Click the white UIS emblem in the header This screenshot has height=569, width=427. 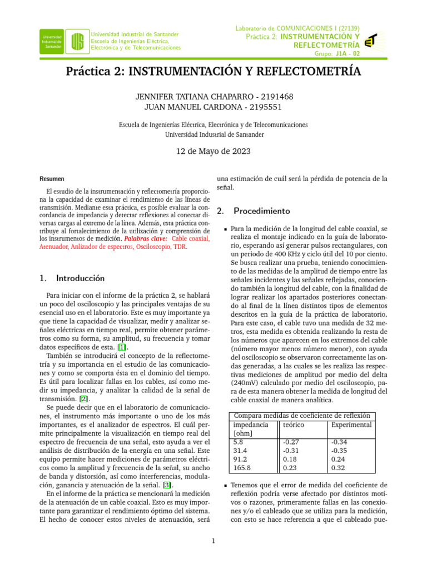tap(78, 41)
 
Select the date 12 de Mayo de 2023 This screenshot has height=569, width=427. tap(213, 151)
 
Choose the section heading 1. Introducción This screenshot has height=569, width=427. tap(73, 277)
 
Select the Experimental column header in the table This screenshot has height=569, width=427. tap(351, 425)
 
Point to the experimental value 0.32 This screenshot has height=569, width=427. tap(337, 469)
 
